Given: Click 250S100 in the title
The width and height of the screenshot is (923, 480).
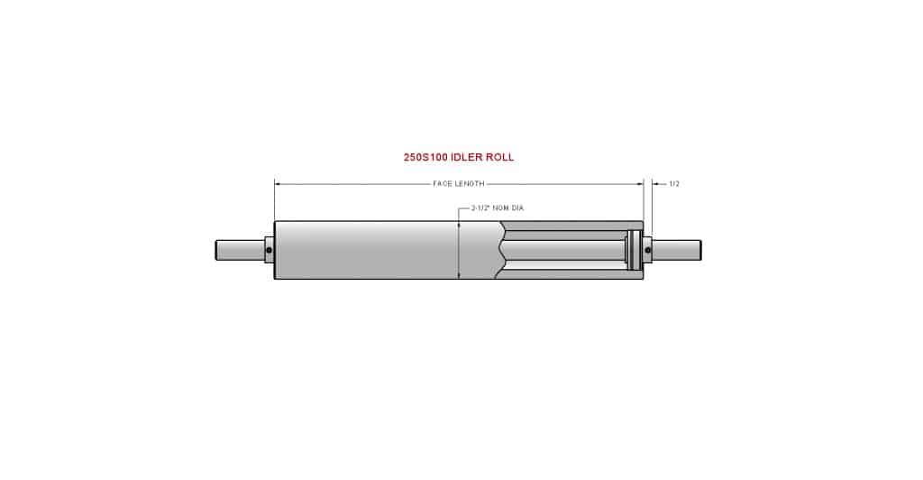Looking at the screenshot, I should pos(424,157).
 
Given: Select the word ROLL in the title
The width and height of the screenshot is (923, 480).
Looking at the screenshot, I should pos(499,157).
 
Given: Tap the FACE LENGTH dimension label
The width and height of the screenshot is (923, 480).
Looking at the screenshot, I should pos(459,184).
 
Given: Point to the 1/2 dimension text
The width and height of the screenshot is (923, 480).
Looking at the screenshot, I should pos(673,184).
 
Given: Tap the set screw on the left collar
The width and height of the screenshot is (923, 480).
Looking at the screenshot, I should pos(269,250).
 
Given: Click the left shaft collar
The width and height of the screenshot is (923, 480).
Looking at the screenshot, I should pos(270,250).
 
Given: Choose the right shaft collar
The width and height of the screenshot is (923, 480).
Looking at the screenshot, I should pos(648,250).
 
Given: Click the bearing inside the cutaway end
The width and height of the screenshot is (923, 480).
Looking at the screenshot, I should pos(634,250).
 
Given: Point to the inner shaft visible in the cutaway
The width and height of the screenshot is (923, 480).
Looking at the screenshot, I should pos(568,250).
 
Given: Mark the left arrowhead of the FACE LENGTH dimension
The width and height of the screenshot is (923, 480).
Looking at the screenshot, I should pos(278,184).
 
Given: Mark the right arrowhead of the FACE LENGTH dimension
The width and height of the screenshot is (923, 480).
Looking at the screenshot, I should pos(639,184).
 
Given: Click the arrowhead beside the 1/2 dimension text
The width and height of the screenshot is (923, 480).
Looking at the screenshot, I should pos(656,184).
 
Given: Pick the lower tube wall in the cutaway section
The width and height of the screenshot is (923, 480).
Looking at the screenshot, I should pos(568,276).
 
